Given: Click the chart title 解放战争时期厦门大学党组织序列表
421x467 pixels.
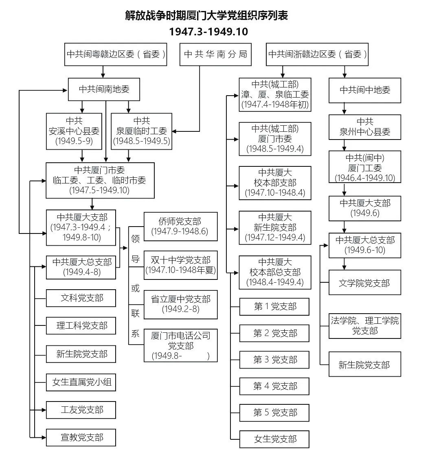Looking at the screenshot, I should click(x=207, y=16).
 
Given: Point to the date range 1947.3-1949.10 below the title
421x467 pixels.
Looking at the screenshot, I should click(x=208, y=32).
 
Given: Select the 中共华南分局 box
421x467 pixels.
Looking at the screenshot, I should click(x=215, y=54).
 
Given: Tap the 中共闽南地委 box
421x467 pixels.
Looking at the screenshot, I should click(x=104, y=89).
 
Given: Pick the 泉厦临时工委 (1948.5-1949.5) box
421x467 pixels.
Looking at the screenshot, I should click(x=141, y=131).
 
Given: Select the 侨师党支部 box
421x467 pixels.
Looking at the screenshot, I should click(x=180, y=226).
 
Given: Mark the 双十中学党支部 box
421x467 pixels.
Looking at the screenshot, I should click(x=180, y=265).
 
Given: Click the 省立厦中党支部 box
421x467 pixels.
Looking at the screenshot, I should click(x=180, y=304).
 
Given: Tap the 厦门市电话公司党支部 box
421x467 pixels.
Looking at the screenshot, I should click(x=180, y=345).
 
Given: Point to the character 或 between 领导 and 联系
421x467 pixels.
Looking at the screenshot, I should click(x=136, y=288).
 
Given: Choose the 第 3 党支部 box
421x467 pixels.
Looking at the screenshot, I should click(x=275, y=360).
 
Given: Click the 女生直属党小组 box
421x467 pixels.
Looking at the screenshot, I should click(x=81, y=382).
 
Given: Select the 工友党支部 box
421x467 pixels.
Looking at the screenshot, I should click(x=81, y=410).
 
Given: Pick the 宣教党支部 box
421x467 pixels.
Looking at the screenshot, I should click(x=81, y=437).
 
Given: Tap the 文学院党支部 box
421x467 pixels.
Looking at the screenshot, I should click(x=364, y=282).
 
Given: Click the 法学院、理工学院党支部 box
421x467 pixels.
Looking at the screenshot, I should click(x=364, y=325).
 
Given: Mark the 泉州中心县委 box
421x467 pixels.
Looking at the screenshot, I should click(x=364, y=127).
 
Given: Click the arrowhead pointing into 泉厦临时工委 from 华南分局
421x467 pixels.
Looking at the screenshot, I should click(x=174, y=131).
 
